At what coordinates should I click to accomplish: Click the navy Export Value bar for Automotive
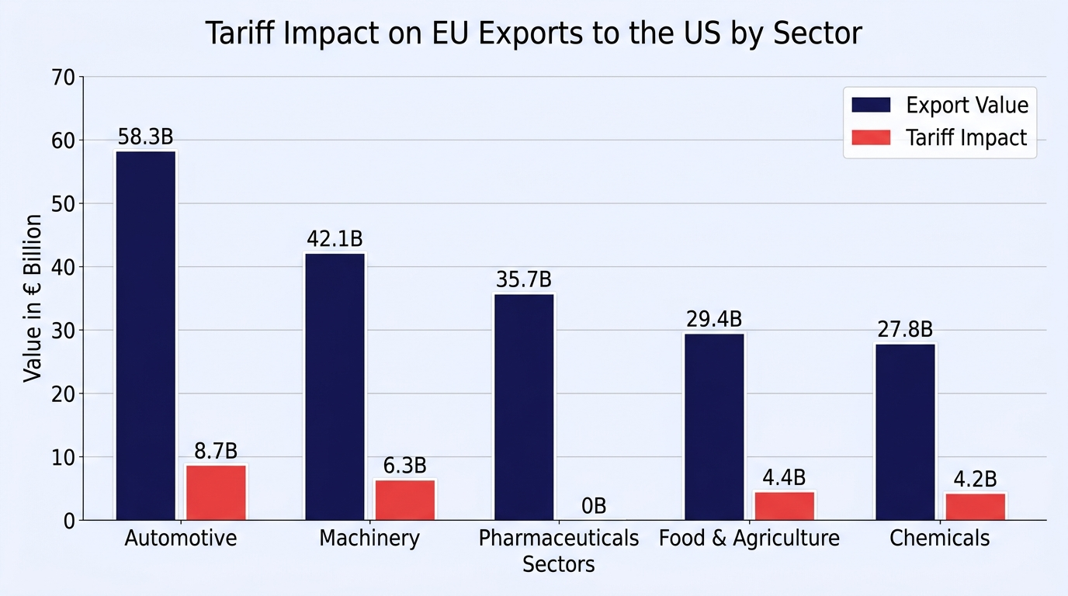click(146, 336)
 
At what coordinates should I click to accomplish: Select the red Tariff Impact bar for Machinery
click(405, 501)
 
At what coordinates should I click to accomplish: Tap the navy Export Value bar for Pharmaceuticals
click(525, 407)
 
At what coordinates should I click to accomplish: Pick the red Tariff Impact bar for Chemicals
click(976, 507)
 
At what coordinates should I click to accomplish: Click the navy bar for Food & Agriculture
click(714, 427)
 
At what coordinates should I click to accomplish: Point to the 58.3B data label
click(145, 137)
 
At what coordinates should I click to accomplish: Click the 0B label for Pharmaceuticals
click(594, 506)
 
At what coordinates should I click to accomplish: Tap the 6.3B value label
click(405, 466)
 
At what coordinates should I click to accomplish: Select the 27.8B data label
click(905, 330)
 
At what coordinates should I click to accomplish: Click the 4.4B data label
click(784, 477)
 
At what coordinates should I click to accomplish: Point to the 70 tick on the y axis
click(63, 78)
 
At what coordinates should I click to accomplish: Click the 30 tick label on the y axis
click(63, 331)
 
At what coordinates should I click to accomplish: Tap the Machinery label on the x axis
click(369, 539)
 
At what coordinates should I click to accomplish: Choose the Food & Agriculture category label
click(749, 539)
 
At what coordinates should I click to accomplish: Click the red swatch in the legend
click(871, 137)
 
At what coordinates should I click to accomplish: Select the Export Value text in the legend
click(967, 106)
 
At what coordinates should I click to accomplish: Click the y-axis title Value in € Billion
click(33, 299)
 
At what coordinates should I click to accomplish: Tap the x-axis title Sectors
click(558, 564)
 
